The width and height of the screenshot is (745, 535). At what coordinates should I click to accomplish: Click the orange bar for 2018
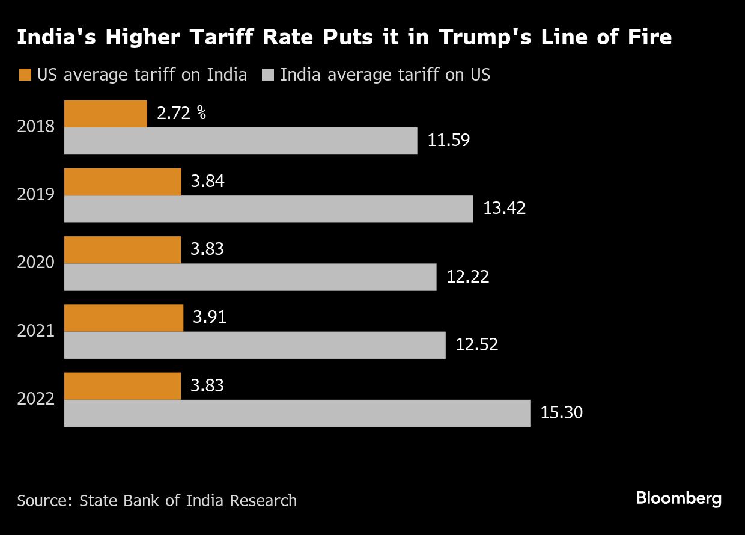[x=105, y=114]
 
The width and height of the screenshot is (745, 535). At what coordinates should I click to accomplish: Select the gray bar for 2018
[x=240, y=141]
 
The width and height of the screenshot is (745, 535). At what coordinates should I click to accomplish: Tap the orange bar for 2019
[x=123, y=182]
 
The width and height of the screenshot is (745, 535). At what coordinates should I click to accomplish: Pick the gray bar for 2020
[x=250, y=277]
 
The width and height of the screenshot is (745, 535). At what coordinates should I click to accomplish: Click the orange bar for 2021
[x=123, y=317]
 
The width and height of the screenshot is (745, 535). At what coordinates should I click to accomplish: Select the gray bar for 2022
[x=297, y=413]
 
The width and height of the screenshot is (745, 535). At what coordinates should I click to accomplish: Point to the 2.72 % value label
[x=181, y=113]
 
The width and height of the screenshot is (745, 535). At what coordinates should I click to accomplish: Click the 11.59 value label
[x=448, y=141]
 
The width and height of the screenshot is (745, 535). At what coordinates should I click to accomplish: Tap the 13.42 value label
[x=504, y=209]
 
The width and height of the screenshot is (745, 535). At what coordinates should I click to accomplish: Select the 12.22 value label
[x=467, y=277]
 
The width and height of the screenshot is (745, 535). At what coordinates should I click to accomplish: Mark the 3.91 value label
[x=210, y=317]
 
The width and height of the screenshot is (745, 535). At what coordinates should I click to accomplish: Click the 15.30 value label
[x=561, y=413]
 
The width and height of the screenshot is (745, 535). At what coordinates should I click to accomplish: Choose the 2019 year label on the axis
[x=36, y=195]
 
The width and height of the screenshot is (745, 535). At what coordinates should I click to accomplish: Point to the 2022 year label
[x=36, y=399]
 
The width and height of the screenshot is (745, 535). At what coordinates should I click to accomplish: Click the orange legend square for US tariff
[x=25, y=75]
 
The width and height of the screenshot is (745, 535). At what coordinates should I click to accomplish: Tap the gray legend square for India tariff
[x=268, y=75]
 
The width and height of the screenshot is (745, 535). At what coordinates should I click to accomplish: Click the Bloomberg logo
[x=678, y=498]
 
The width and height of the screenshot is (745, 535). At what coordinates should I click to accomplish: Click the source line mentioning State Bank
[x=157, y=500]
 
